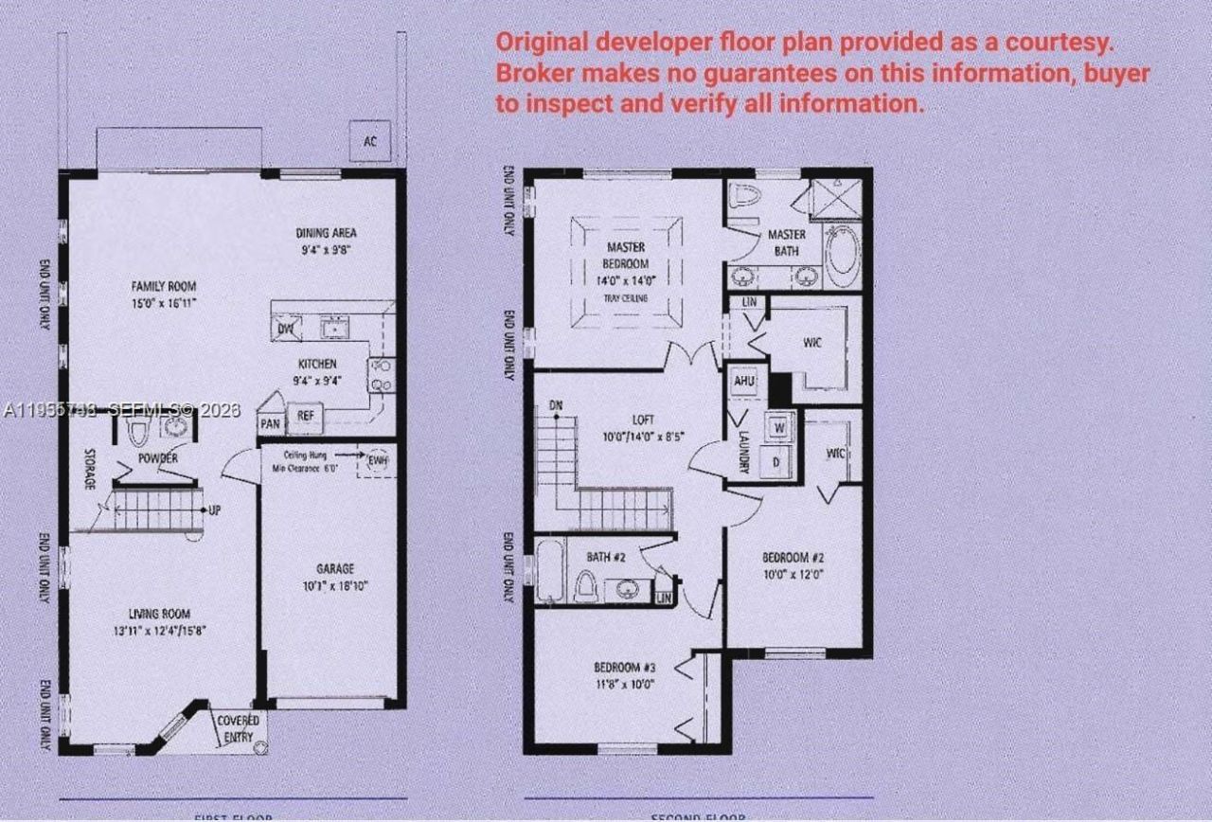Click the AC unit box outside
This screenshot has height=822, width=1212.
click(369, 141)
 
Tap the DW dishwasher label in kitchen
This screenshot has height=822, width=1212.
click(285, 330)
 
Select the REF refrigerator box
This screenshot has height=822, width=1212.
click(306, 415)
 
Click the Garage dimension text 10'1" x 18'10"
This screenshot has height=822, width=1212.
click(335, 585)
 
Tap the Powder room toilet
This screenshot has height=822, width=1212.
click(138, 431)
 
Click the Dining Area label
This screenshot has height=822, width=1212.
click(326, 233)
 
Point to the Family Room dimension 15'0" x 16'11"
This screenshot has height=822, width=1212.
click(163, 303)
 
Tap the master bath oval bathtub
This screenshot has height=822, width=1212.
click(841, 254)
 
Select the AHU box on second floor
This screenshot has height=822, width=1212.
click(744, 381)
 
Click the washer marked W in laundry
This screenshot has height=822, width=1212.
click(779, 427)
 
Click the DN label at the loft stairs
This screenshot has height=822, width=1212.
click(556, 406)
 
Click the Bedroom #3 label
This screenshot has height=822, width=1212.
click(625, 665)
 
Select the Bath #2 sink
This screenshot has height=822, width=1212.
click(627, 589)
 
